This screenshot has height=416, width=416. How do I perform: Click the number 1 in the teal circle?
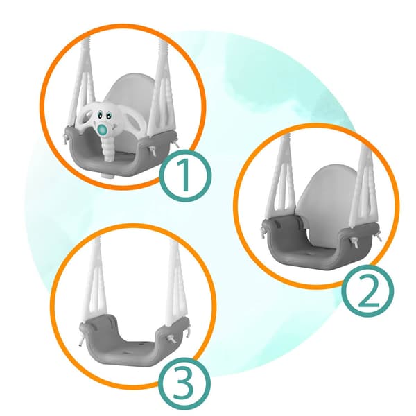coord(185,175)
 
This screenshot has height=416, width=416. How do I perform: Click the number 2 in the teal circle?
coord(367,291)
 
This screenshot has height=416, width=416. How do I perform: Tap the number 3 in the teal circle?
coord(184,384)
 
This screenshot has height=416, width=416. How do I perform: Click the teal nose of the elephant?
coord(103,129)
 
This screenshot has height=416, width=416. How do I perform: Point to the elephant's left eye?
coord(100,115)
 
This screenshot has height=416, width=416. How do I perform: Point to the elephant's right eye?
coord(109,116)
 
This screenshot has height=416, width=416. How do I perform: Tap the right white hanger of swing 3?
coord(176,281)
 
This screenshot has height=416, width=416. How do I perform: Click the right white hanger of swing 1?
coord(162,87)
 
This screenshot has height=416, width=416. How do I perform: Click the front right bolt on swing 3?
coord(171,339)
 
